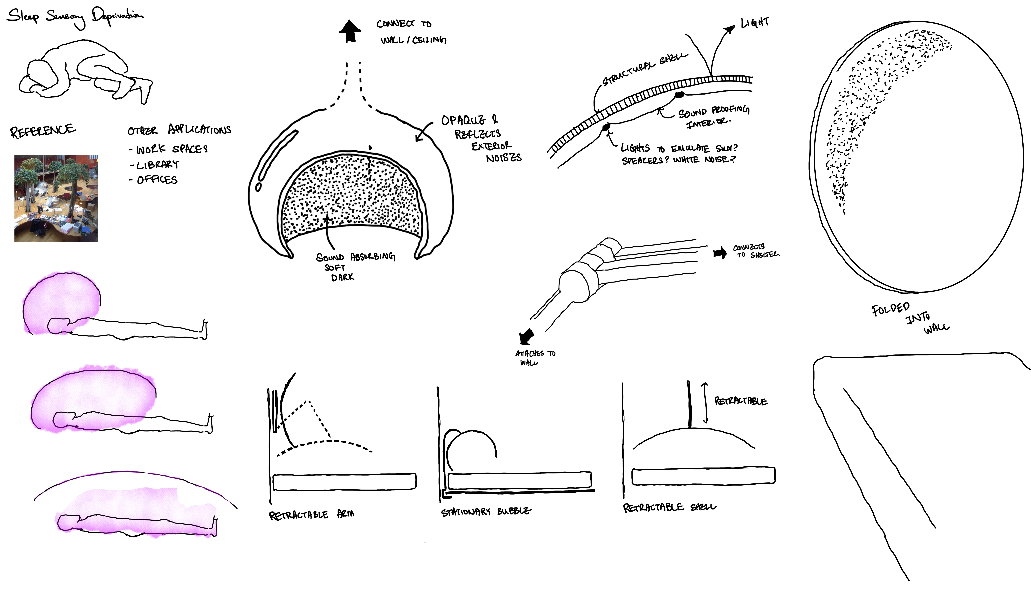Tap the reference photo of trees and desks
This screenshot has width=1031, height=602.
[x=56, y=198]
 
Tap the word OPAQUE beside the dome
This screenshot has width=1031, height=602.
[x=463, y=120]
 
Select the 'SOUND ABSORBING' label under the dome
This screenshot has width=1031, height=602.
[x=355, y=257]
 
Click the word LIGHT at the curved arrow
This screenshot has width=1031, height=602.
[x=755, y=22]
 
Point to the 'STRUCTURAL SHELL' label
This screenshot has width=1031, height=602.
[x=644, y=69]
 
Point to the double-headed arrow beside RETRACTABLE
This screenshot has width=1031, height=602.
[x=704, y=403]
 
